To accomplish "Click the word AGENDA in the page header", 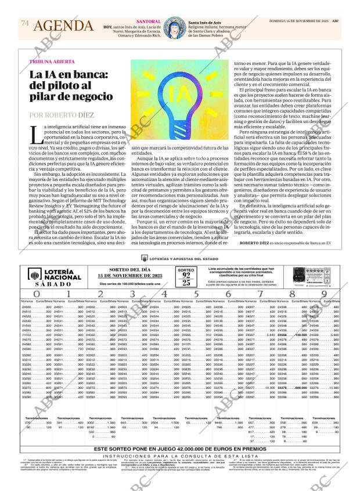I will click(63, 26).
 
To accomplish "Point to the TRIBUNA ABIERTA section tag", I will click(52, 62).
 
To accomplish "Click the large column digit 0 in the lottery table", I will click(35, 294).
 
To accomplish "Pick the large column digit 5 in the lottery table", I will click(196, 294).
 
